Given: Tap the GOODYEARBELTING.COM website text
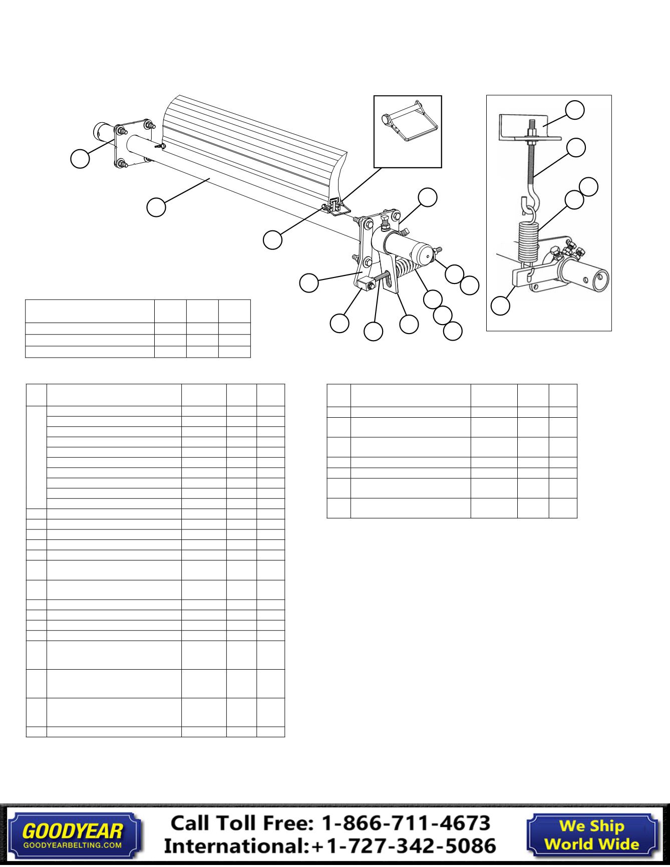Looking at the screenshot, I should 73,845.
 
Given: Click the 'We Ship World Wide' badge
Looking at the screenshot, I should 591,834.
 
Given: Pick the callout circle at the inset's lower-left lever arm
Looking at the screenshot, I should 500,306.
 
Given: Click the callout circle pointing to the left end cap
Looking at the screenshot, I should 80,158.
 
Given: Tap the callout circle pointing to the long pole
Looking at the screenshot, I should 156,207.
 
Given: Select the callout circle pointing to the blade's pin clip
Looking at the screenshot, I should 273,239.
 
